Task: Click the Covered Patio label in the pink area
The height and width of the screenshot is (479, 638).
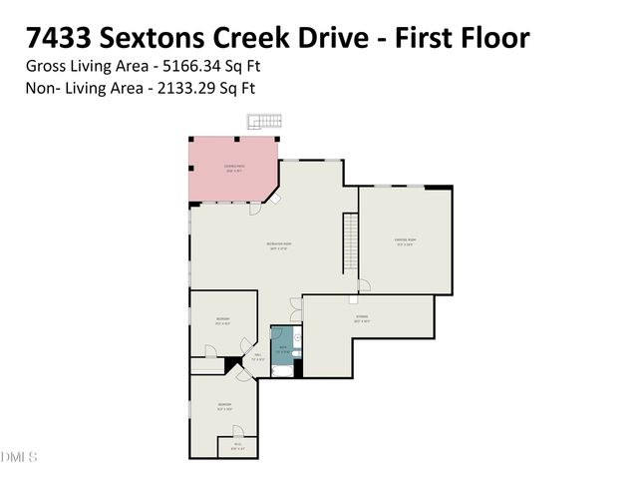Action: pos(235,169)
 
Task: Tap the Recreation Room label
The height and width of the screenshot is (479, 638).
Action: pos(278,246)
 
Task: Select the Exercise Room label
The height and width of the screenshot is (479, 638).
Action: pos(405,241)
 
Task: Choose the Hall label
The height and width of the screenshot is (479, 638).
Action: pos(257,356)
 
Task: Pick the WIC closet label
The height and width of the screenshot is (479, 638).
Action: pos(236,446)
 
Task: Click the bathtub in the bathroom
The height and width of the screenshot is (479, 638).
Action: pos(282,371)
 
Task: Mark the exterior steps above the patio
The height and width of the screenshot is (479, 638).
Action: pos(262,122)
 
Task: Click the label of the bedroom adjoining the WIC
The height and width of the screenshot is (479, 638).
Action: pos(224,406)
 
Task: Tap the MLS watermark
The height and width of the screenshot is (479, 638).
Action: pos(19,457)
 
